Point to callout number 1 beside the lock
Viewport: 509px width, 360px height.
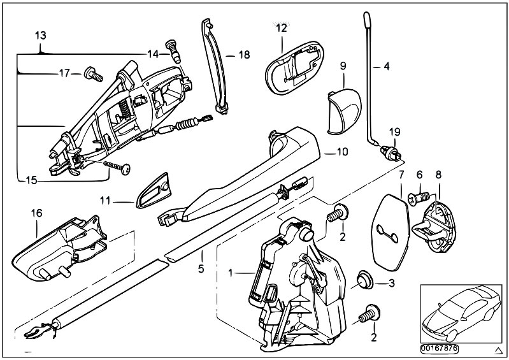coord(233,273)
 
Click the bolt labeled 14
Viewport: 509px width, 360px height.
coord(173,51)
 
